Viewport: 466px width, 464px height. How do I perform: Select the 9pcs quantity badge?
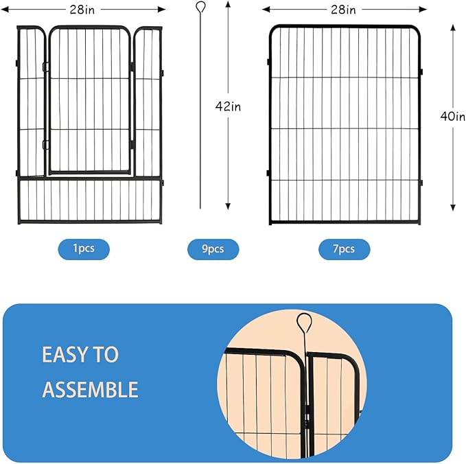(213, 249)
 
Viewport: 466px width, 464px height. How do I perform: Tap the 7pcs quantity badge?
(344, 249)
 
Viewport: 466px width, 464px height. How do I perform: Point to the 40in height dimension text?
(452, 116)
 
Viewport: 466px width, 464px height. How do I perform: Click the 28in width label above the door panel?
(88, 9)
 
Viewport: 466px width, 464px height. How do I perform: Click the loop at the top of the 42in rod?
(200, 8)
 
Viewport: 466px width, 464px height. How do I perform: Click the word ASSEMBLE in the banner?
(90, 390)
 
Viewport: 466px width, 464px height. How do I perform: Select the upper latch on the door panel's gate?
(45, 67)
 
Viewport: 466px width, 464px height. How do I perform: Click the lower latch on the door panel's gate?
(45, 144)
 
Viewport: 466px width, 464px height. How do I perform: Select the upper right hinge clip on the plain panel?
(421, 71)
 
